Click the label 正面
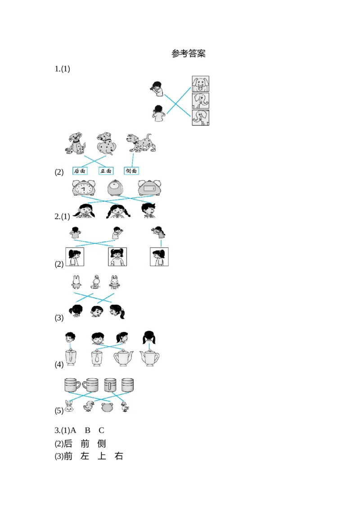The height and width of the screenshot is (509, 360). pos(105,171)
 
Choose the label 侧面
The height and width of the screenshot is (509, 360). pos(131,171)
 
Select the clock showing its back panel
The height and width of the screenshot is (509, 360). pos(148,189)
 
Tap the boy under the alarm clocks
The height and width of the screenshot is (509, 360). pos(148,210)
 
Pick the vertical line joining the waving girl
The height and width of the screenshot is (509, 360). pos(161,243)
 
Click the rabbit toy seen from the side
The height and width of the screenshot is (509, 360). pos(95,282)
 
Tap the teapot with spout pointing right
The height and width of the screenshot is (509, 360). pos(123,357)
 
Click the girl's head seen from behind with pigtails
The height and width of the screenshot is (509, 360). pos(149,337)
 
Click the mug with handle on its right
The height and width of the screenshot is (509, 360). pos(72,385)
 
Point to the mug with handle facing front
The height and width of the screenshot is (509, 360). pos(110,385)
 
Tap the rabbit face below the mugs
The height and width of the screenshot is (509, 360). pos(69,406)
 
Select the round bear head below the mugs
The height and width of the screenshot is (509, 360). pos(107,407)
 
